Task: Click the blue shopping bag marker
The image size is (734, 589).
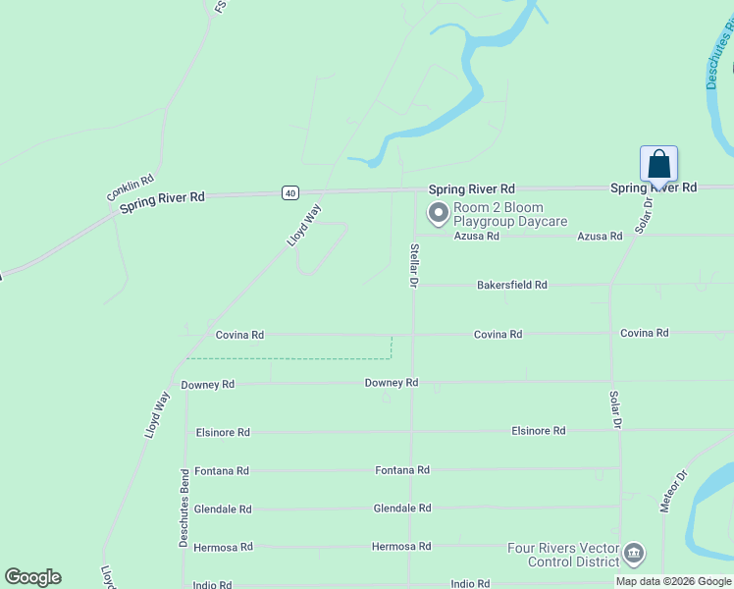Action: coord(658,165)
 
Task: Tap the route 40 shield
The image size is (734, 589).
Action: coord(289,192)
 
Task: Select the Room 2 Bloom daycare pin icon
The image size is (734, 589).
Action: coord(437,212)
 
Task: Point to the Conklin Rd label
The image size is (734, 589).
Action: coord(131,188)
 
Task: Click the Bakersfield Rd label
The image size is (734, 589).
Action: coord(511,285)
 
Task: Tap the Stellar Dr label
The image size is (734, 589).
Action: coord(414,265)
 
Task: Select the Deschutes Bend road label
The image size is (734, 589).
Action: coord(183,508)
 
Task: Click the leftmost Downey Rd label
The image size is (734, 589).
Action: coord(207,385)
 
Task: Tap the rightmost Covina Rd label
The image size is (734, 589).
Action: coord(644,333)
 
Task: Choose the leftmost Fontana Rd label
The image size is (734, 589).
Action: coord(222,471)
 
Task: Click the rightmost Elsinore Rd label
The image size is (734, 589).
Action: coord(538,431)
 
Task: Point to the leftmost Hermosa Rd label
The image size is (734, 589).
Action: coord(223,547)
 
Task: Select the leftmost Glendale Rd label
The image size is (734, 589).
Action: coord(223,509)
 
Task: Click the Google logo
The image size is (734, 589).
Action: coord(32,577)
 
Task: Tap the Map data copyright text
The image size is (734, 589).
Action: coord(673,581)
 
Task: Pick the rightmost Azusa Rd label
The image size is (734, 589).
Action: coord(600,237)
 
